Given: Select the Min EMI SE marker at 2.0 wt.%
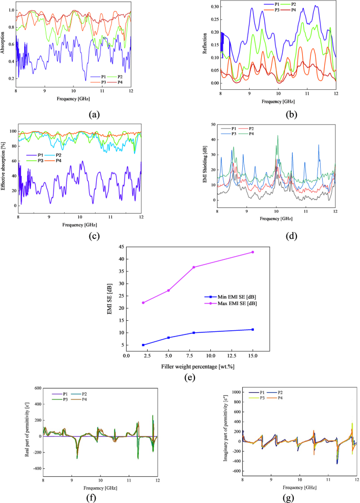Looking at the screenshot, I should click(143, 345).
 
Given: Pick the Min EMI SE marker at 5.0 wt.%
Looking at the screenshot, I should click(168, 338).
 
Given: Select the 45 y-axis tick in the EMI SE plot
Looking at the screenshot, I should click(120, 247).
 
